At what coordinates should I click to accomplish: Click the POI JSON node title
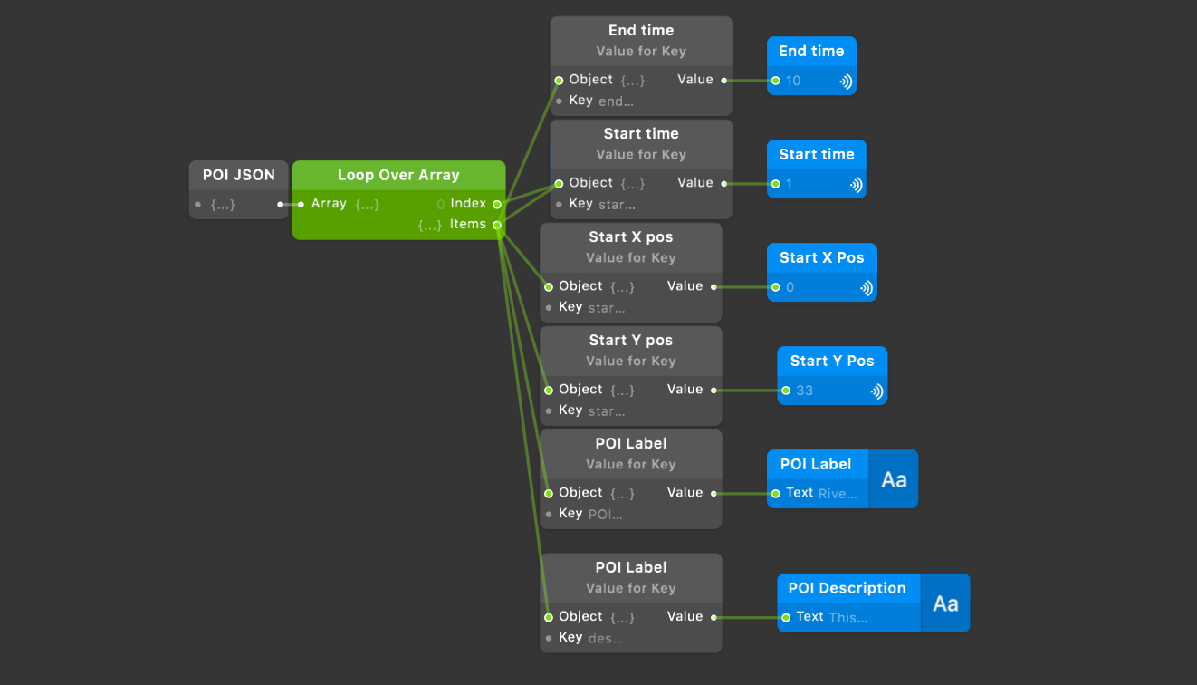[x=238, y=175]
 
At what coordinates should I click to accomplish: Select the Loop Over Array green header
[x=398, y=175]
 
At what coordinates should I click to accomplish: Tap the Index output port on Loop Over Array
[x=497, y=204]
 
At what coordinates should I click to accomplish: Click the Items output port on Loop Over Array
[x=497, y=225]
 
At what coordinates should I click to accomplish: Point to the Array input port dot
[x=301, y=204]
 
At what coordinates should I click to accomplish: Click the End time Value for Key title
[x=640, y=31]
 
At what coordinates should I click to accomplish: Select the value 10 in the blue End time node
[x=793, y=81]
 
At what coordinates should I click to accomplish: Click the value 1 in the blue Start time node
[x=789, y=184]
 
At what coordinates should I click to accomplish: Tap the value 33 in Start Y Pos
[x=804, y=391]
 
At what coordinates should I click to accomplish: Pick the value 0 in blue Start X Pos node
[x=790, y=287]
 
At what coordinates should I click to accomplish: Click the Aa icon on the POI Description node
[x=945, y=603]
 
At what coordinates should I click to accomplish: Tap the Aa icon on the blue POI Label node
[x=894, y=479]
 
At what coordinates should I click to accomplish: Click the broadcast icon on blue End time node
[x=845, y=81]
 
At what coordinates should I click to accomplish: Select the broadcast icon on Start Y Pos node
[x=876, y=391]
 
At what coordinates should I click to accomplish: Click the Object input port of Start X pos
[x=549, y=286]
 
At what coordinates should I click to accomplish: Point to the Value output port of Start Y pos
[x=713, y=390]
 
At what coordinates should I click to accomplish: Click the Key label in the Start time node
[x=580, y=204]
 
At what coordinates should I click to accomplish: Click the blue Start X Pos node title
[x=821, y=257]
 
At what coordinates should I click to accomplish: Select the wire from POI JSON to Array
[x=290, y=204]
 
